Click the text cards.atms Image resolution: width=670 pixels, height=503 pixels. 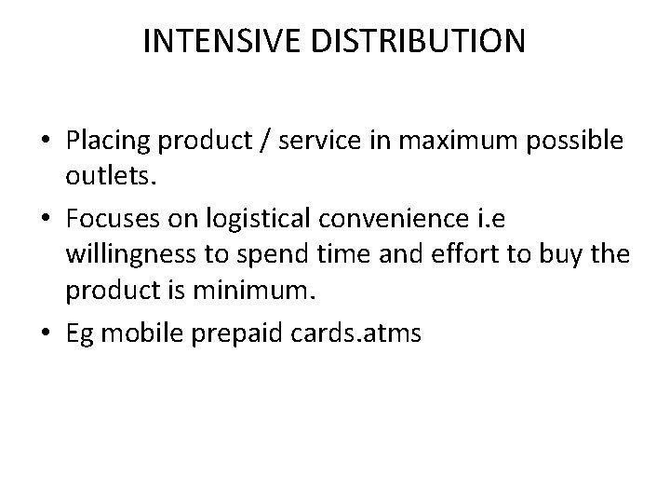[x=367, y=333]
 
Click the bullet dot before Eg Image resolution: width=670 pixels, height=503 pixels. [x=46, y=333]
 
